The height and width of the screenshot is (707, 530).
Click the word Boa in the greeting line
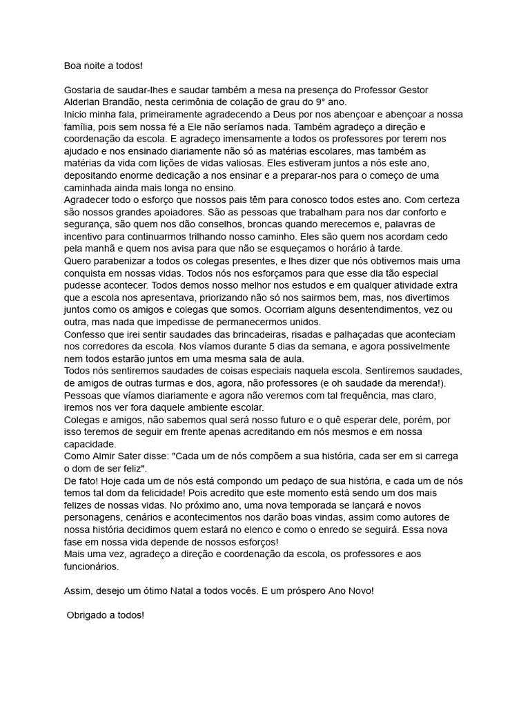(72, 66)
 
